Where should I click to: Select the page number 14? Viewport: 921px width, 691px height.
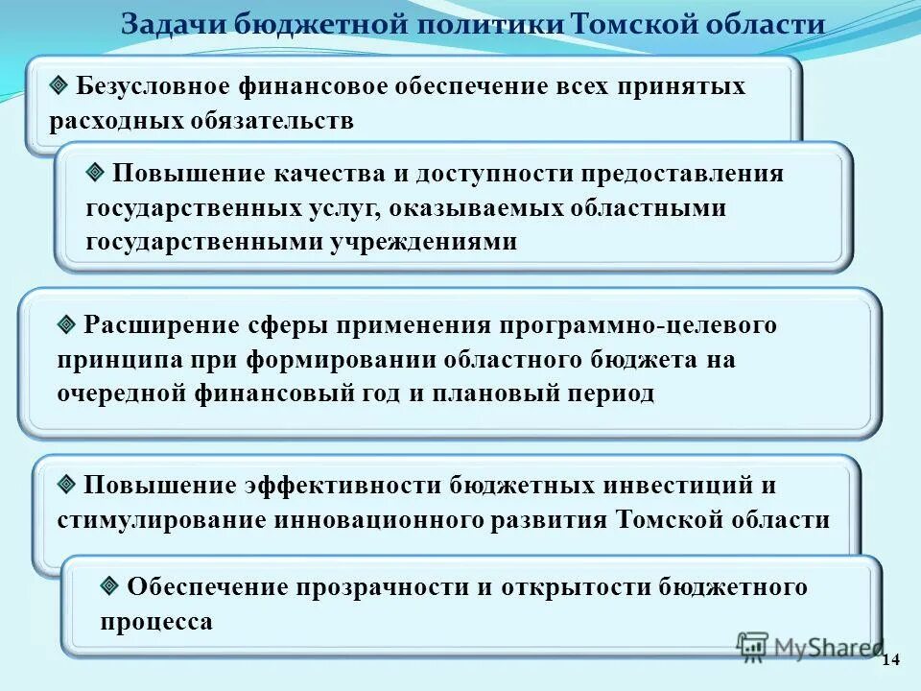coord(890,658)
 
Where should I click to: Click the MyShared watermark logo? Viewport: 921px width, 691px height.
coord(810,647)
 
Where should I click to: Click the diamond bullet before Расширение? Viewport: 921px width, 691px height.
coord(66,324)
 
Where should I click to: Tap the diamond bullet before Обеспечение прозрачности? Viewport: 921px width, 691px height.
coord(109,585)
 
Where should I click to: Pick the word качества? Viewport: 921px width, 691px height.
coord(330,174)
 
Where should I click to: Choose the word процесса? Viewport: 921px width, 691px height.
coord(156,621)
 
